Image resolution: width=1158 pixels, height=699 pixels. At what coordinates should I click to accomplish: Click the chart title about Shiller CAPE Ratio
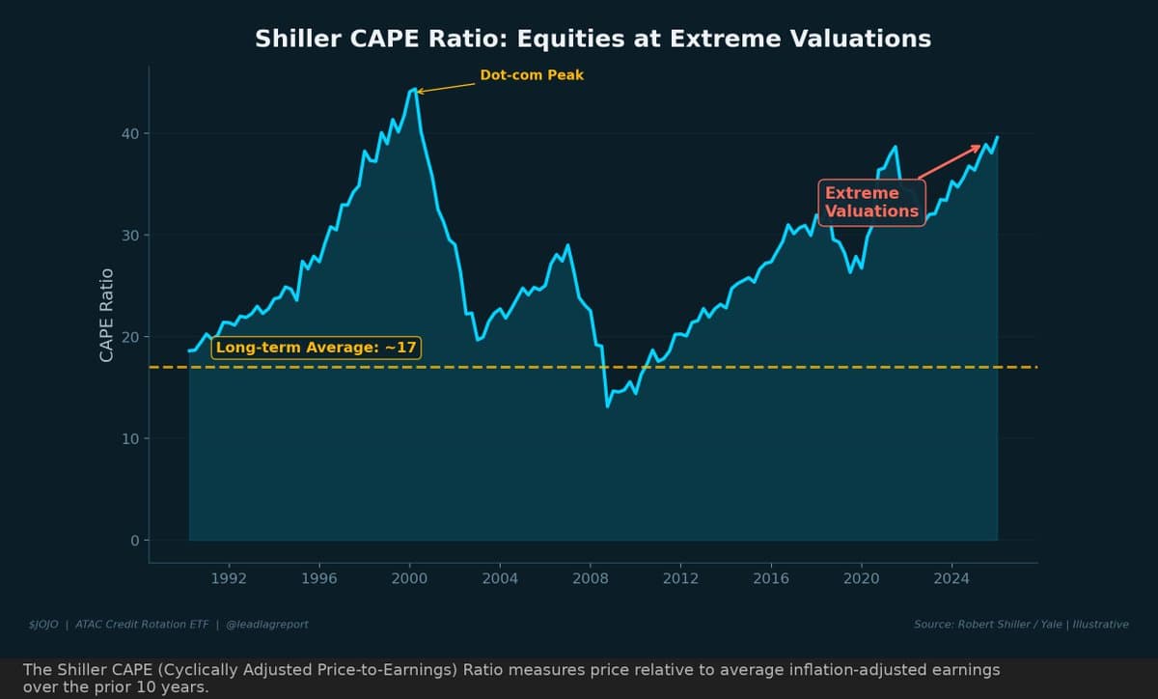pyautogui.click(x=593, y=39)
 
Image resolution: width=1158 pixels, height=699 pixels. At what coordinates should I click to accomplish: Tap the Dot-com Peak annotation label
pyautogui.click(x=532, y=75)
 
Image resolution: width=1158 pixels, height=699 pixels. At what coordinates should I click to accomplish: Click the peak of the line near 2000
pyautogui.click(x=413, y=90)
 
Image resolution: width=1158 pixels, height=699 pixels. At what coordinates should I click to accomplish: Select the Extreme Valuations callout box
pyautogui.click(x=871, y=202)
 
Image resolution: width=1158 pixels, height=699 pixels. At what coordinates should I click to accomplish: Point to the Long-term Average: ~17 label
pyautogui.click(x=317, y=348)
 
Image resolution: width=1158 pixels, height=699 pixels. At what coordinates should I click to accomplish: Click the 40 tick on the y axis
pyautogui.click(x=128, y=133)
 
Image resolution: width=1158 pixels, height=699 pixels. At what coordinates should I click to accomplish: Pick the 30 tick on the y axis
pyautogui.click(x=128, y=236)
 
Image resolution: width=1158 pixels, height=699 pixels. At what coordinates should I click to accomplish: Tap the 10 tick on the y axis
pyautogui.click(x=128, y=438)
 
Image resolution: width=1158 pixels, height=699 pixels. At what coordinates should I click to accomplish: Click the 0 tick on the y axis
pyautogui.click(x=134, y=541)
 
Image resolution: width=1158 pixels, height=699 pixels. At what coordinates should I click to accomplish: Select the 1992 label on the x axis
pyautogui.click(x=229, y=578)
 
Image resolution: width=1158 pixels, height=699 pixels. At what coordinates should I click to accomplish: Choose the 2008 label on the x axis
pyautogui.click(x=591, y=578)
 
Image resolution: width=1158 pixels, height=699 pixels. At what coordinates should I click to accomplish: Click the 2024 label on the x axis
pyautogui.click(x=951, y=578)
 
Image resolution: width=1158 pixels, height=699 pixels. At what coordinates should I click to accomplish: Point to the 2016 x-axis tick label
pyautogui.click(x=771, y=578)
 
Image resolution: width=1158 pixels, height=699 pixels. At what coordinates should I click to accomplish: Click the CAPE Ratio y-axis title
pyautogui.click(x=107, y=315)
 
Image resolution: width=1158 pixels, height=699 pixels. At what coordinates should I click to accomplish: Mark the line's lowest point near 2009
pyautogui.click(x=607, y=406)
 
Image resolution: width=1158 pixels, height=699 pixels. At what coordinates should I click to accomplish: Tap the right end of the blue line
pyautogui.click(x=997, y=137)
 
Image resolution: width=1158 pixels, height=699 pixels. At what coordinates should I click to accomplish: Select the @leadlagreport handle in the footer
pyautogui.click(x=267, y=625)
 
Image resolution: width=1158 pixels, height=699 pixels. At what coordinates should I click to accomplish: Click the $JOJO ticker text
pyautogui.click(x=44, y=625)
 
